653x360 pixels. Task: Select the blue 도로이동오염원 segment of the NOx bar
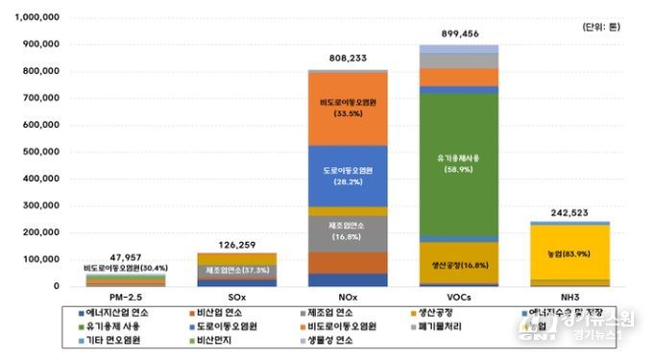[x=348, y=175]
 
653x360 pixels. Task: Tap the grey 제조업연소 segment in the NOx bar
[x=348, y=229]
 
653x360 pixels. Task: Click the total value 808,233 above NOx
[x=348, y=58]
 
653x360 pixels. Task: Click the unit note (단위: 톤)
[x=601, y=28]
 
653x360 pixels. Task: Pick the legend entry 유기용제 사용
[x=113, y=326]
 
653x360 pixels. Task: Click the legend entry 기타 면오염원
[x=111, y=341]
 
